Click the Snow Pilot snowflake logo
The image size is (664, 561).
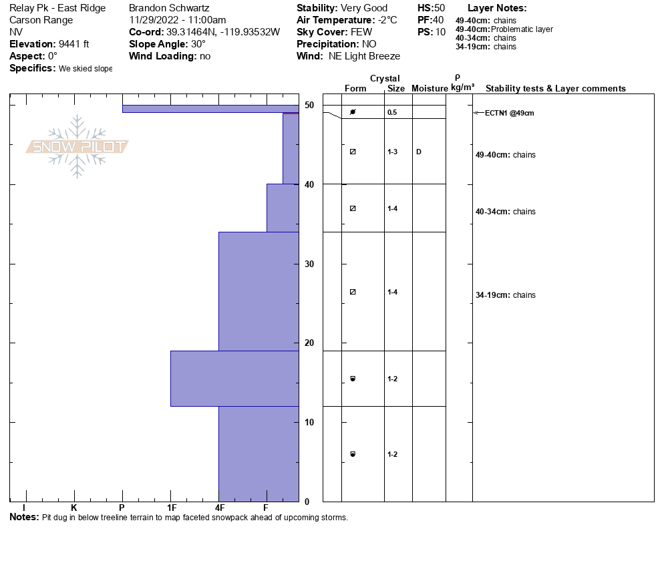[77, 147]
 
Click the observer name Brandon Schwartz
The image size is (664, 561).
[170, 8]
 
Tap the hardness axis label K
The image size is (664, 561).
[74, 508]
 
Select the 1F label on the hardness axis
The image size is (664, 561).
[171, 508]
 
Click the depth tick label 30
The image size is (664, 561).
[309, 264]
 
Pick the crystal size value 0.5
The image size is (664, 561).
[392, 112]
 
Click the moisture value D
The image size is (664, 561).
[419, 152]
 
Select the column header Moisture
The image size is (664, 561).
[430, 89]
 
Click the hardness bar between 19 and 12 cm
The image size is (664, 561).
[234, 378]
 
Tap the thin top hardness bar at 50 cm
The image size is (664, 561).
[210, 108]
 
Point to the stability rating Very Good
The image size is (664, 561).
[364, 8]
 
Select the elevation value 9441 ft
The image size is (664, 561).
[69, 44]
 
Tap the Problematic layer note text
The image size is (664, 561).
[522, 29]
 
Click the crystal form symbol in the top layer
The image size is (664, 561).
[353, 112]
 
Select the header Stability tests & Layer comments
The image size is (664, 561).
[555, 89]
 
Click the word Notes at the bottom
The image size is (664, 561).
[24, 518]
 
